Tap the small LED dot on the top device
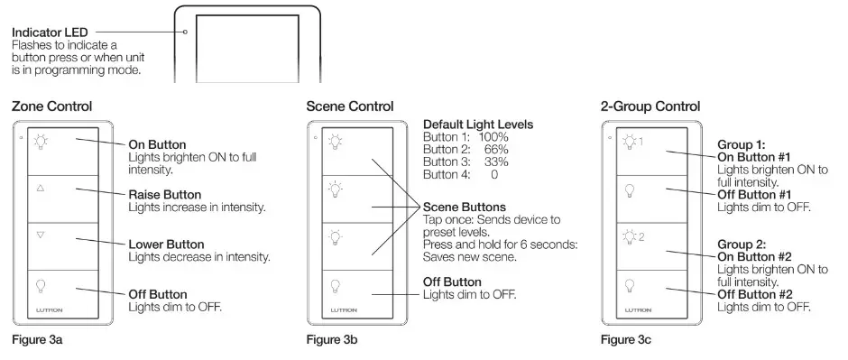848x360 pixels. (x=185, y=32)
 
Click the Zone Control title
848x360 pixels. (x=51, y=106)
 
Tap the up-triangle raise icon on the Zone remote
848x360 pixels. (x=40, y=189)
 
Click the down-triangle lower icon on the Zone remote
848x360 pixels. (x=40, y=235)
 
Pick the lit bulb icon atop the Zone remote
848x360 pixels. (x=40, y=142)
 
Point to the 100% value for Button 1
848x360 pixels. (x=493, y=135)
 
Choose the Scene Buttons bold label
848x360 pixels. (x=464, y=207)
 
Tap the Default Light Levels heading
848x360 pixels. (x=478, y=123)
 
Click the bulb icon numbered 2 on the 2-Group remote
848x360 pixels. (x=631, y=237)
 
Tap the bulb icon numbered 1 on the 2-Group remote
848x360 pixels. (x=631, y=142)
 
